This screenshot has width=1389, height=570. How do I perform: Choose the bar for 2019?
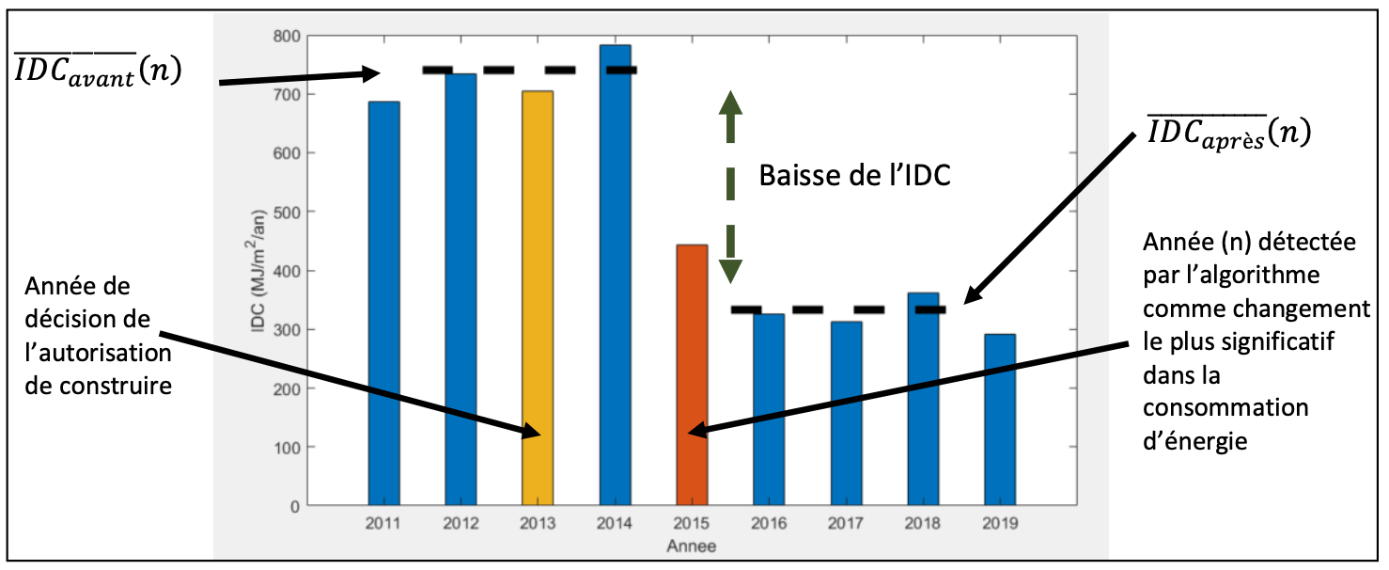click(1000, 420)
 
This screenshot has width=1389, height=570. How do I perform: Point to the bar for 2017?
click(846, 413)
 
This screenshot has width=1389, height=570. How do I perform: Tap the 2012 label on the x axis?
click(460, 525)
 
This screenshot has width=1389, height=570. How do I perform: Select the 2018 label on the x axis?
click(923, 525)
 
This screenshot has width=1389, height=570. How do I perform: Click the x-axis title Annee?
click(691, 546)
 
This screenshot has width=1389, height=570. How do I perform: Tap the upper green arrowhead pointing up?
click(730, 103)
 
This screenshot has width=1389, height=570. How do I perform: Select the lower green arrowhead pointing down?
click(730, 270)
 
